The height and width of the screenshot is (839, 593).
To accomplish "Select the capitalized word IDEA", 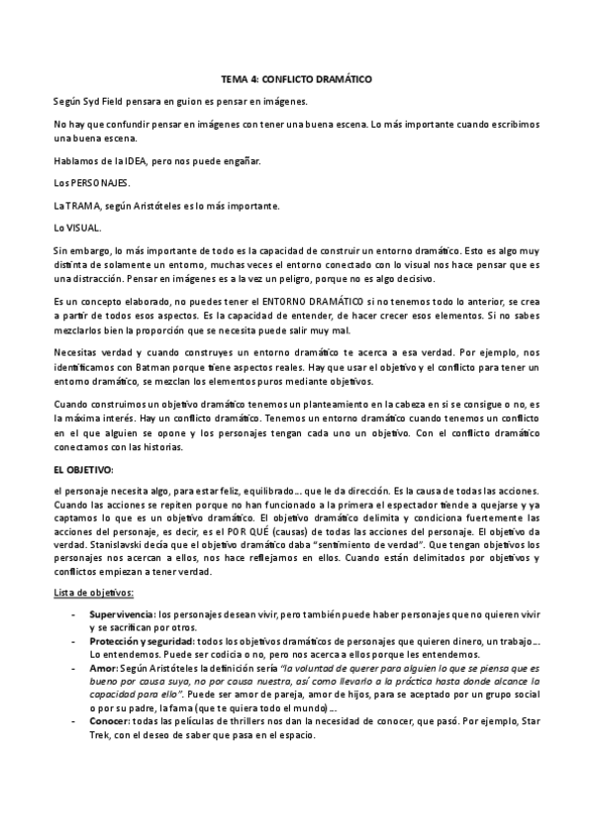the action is point(133,160).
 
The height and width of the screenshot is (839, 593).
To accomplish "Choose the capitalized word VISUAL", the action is point(83,229).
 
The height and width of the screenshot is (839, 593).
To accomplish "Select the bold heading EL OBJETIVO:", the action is point(84,470).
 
